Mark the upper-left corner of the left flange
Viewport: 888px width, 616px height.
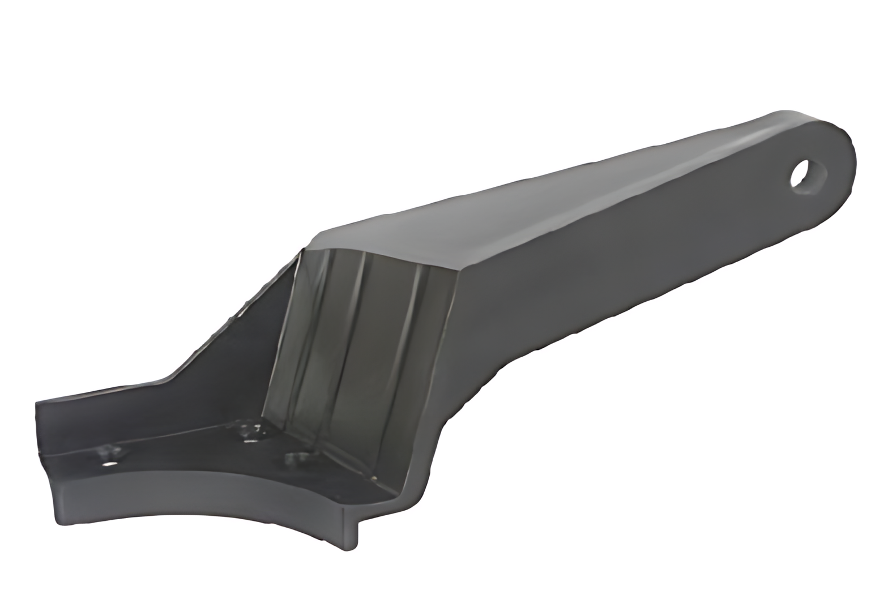tap(39, 403)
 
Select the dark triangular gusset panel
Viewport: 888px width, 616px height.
tap(238, 362)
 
